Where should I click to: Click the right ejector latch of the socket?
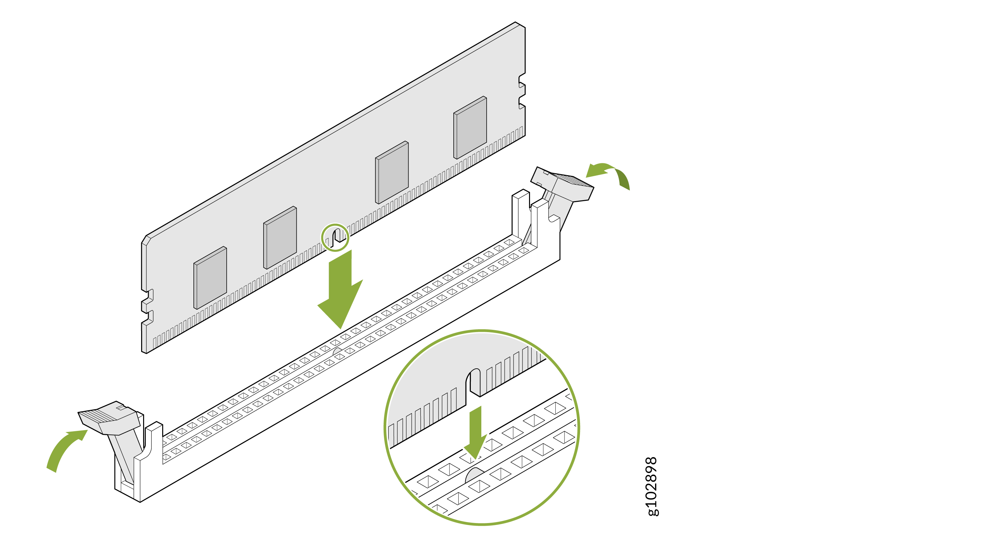[563, 188]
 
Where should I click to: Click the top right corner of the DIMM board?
[521, 25]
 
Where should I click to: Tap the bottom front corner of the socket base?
[140, 501]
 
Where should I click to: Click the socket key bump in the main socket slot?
[337, 351]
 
